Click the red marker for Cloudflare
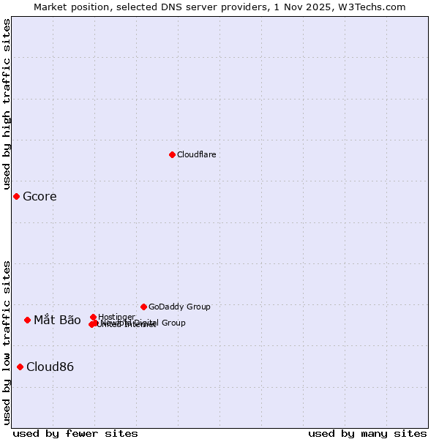tap(172, 154)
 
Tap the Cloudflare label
tap(196, 154)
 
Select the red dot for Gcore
tap(16, 196)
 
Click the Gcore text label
tap(40, 196)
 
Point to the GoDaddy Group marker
tap(143, 307)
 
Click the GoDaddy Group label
tap(179, 307)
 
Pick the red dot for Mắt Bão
tap(27, 320)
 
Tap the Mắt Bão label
tap(57, 320)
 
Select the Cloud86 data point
tap(20, 367)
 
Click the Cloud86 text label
tap(50, 367)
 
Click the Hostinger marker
tap(93, 317)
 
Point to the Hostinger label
tap(116, 317)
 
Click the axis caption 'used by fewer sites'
tap(75, 433)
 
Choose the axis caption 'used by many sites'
tap(367, 433)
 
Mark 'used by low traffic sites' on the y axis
tap(7, 342)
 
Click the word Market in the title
tap(51, 7)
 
